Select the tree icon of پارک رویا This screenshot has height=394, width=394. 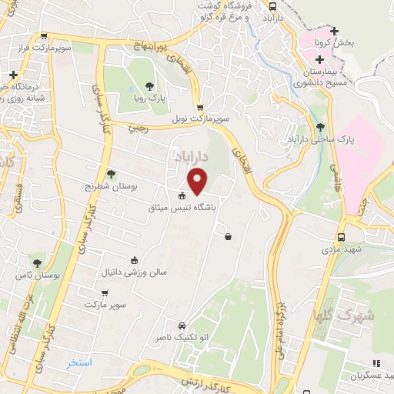coord(149,86)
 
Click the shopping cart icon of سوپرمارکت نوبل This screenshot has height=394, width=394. coord(200,108)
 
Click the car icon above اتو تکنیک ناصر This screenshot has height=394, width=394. coord(182,326)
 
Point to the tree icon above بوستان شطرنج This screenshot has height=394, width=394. coord(111,174)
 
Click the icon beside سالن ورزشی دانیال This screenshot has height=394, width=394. coord(135,260)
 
